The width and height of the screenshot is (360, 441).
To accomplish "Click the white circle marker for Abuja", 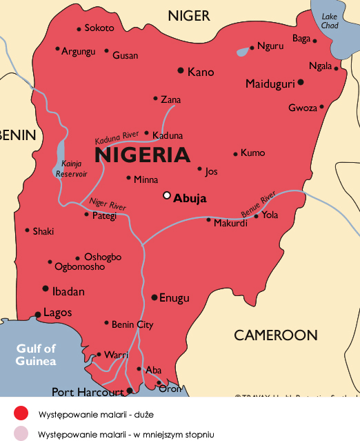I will (x=166, y=195).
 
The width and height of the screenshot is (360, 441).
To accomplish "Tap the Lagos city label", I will (x=57, y=313).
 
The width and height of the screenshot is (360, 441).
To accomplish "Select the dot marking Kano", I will (x=181, y=70).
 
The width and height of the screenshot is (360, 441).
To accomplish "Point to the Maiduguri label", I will (x=270, y=84).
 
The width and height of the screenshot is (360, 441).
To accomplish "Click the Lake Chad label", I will (x=330, y=21).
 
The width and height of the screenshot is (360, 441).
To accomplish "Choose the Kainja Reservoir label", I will (x=71, y=169).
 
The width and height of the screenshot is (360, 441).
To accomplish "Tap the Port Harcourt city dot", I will (x=130, y=391).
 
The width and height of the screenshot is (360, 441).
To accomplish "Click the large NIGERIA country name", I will (x=142, y=155).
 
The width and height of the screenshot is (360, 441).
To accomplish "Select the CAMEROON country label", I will (x=276, y=335).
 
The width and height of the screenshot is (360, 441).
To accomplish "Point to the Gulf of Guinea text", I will (x=36, y=355).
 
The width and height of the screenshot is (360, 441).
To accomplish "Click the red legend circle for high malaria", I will (x=21, y=413).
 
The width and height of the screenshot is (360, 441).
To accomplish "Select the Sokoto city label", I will (x=99, y=28).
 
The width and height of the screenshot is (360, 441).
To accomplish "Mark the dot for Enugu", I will (x=154, y=297).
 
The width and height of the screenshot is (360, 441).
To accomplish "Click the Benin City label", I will (x=132, y=324).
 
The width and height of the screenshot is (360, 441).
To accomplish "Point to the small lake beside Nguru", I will (x=243, y=51).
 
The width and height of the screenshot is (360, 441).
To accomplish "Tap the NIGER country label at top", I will (x=189, y=15).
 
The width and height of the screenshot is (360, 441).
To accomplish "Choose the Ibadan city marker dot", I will (x=46, y=288).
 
